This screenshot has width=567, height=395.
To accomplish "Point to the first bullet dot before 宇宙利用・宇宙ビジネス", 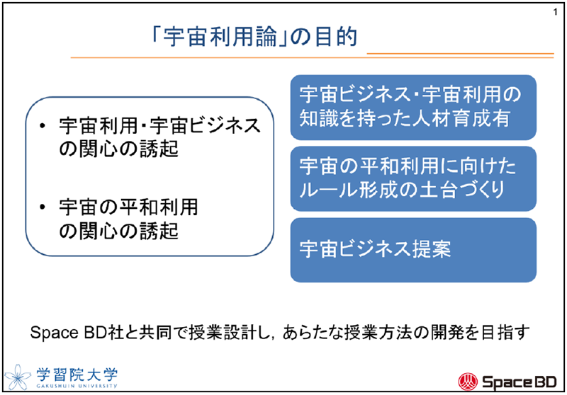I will [x=45, y=127].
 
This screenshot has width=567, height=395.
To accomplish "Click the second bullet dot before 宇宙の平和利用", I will [x=45, y=208].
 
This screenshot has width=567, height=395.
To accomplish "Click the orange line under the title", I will [x=283, y=57].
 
